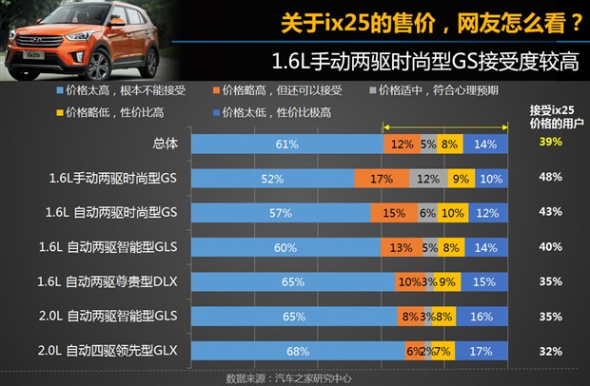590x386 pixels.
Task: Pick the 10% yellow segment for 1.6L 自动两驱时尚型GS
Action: pos(453,213)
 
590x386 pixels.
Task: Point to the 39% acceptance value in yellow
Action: pos(549,142)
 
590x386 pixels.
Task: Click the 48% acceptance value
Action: pos(549,177)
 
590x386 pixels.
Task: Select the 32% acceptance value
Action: pos(549,351)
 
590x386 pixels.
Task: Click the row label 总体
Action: pos(166,144)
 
